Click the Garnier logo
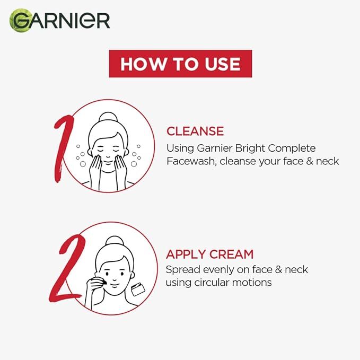pyautogui.click(x=59, y=21)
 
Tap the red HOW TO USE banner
pyautogui.click(x=180, y=64)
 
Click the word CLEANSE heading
pyautogui.click(x=195, y=131)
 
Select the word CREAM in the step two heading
pyautogui.click(x=231, y=254)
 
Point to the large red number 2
pyautogui.click(x=67, y=269)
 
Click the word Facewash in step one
pyautogui.click(x=191, y=161)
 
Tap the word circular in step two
pyautogui.click(x=212, y=283)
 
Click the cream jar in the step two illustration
pyautogui.click(x=138, y=289)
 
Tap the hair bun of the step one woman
pyautogui.click(x=108, y=117)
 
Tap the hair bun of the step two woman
pyautogui.click(x=115, y=241)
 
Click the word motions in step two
pyautogui.click(x=252, y=283)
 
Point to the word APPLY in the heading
pyautogui.click(x=186, y=254)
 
